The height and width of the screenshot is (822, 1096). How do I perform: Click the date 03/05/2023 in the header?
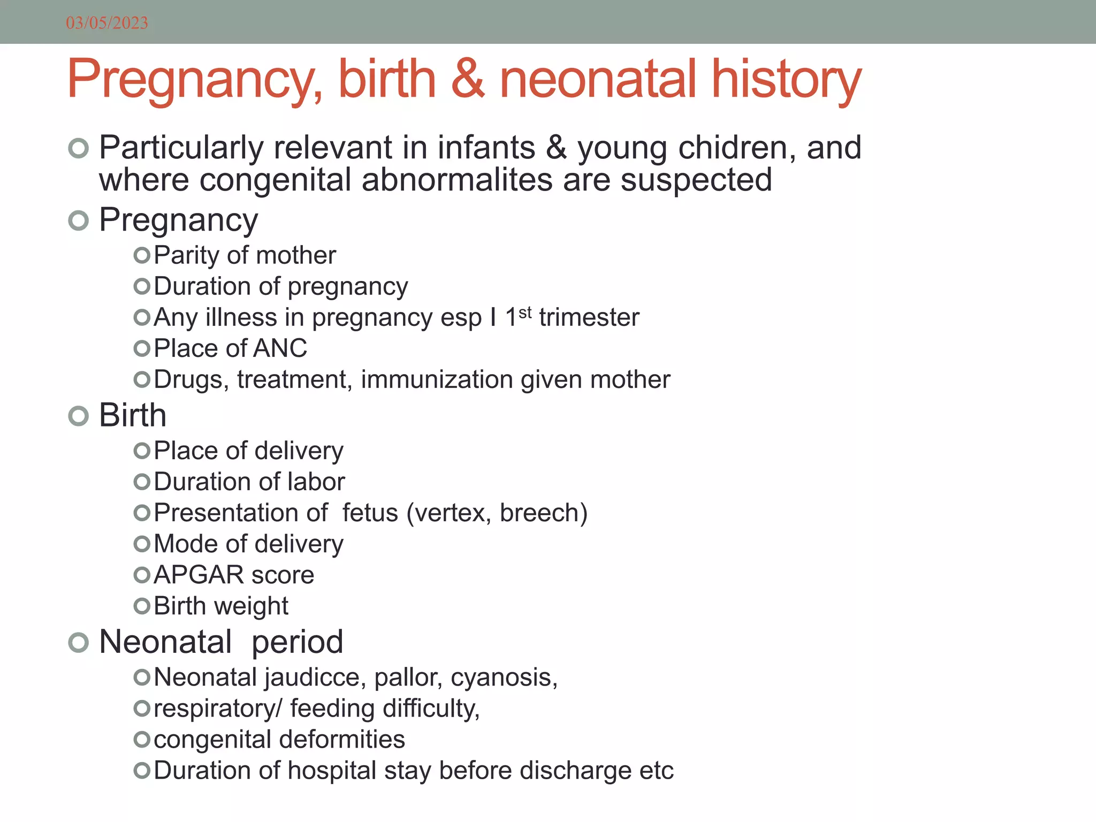click(x=107, y=23)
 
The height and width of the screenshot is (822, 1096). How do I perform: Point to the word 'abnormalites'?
click(x=457, y=180)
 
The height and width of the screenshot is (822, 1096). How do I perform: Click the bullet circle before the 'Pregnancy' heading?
click(x=79, y=220)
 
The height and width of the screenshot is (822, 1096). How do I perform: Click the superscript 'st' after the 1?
click(x=525, y=311)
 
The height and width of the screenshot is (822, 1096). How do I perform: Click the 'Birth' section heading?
click(x=133, y=415)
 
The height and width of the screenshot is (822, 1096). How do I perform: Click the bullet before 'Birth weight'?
click(x=142, y=606)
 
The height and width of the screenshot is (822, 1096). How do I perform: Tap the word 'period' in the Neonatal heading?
click(x=297, y=642)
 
